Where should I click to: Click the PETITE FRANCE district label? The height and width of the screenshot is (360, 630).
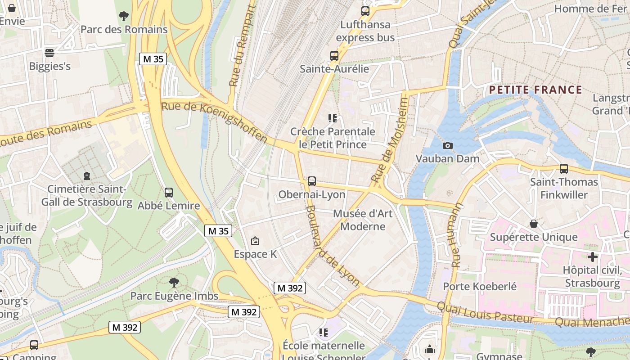tap(535, 90)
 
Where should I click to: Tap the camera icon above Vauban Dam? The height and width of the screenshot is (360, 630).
tap(447, 145)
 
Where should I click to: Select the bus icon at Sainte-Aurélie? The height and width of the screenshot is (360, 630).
tap(334, 56)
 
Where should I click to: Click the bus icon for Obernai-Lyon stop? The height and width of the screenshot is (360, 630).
tap(311, 181)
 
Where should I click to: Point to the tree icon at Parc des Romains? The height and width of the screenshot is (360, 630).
tap(123, 16)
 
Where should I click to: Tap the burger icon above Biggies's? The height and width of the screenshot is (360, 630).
tap(49, 53)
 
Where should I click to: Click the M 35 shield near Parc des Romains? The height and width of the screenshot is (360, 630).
tap(153, 59)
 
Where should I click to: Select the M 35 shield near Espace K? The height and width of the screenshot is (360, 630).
tap(218, 231)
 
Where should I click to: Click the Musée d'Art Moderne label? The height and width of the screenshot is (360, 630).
tap(363, 220)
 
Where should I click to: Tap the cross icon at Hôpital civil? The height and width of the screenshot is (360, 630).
tap(593, 257)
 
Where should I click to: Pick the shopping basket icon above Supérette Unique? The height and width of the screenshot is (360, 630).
tap(534, 224)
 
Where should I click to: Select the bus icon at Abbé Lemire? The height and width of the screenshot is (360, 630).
tap(169, 193)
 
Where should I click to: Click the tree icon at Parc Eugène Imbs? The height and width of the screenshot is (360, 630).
tap(174, 283)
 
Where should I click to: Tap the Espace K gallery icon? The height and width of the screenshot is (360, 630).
tap(255, 241)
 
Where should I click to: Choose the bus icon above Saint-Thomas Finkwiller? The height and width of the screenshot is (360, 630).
tap(563, 169)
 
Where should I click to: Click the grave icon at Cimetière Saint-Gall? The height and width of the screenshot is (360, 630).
tap(86, 176)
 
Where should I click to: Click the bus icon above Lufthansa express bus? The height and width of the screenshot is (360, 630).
tap(365, 11)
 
